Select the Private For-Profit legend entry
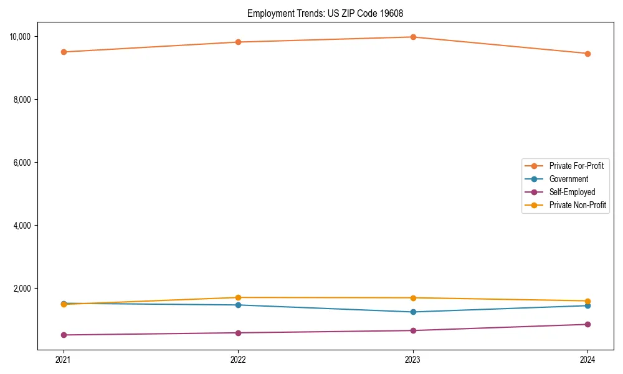pos(576,166)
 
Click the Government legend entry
pos(568,179)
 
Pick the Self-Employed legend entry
pos(572,192)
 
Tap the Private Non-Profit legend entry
pos(578,205)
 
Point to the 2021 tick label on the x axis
pos(63,360)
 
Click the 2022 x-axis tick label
pos(238,360)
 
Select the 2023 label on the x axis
pos(413,360)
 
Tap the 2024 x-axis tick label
pos(587,360)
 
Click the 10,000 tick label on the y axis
pos(21,37)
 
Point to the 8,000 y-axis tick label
pos(22,100)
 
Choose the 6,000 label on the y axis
pos(22,163)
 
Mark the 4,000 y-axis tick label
pos(22,226)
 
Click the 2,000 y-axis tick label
pos(22,289)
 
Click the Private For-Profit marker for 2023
pos(413,37)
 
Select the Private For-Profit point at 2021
pos(64,52)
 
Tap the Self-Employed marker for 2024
pos(587,324)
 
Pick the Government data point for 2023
pos(413,312)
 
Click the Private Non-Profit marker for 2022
pos(238,297)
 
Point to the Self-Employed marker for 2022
pos(238,333)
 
